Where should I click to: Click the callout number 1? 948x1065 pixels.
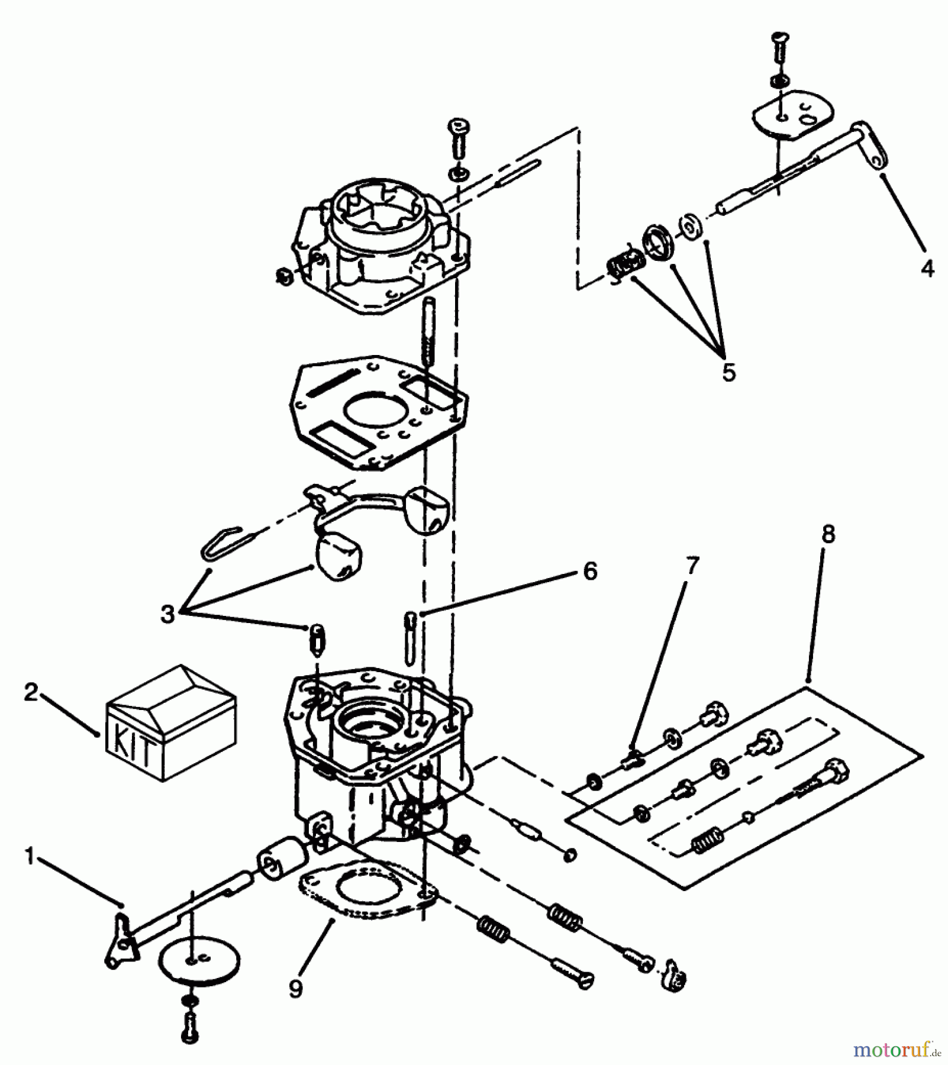click(x=30, y=856)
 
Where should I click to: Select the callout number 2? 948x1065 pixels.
click(x=31, y=692)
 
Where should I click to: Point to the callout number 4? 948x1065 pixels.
click(x=927, y=268)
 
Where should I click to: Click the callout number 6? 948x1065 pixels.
click(x=590, y=571)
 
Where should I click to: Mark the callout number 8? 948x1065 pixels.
click(x=828, y=534)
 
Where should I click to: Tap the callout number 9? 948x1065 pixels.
click(x=296, y=989)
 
